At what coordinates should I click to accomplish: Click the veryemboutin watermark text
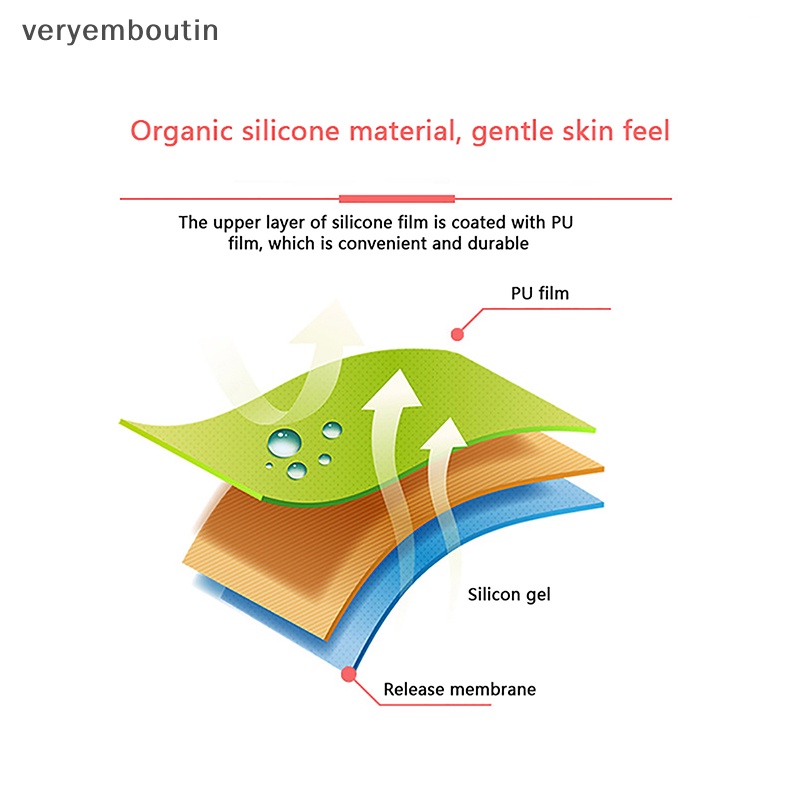pos(120,32)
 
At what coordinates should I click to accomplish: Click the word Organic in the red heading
pos(182,132)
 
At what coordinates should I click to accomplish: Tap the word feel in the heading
pos(646,131)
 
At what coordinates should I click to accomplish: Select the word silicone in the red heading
pos(290,131)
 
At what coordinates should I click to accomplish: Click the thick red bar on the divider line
pos(397,198)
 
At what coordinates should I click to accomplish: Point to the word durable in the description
pos(498,243)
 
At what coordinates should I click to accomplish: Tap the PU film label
pos(540,293)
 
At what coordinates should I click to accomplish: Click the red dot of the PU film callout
pos(457,334)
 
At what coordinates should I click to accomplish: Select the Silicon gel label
pos(509,595)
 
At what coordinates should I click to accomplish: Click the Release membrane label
pos(460,689)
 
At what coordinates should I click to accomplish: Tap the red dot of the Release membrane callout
pos(348,674)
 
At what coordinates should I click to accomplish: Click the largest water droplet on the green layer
pos(284,442)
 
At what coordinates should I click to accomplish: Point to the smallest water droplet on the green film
pos(269,465)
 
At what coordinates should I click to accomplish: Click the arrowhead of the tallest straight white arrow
pos(392,389)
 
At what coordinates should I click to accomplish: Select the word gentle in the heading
pos(512,132)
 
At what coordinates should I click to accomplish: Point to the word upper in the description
pos(236,223)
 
